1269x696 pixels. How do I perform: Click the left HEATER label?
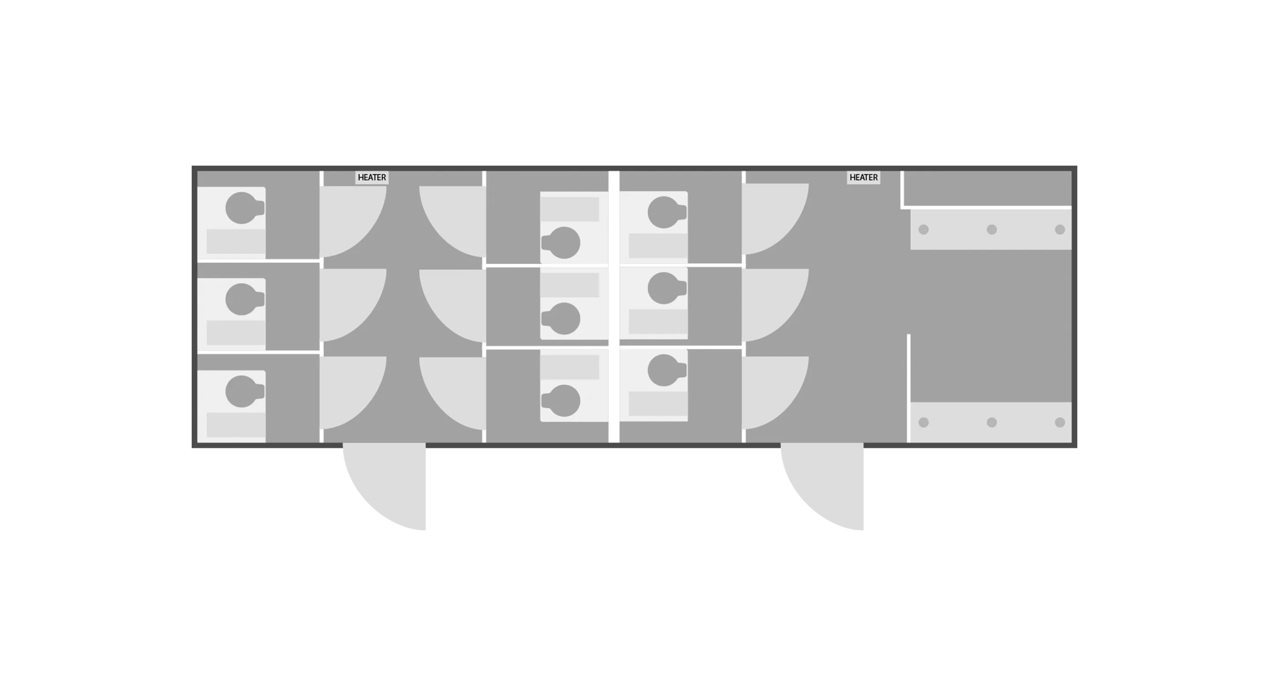[371, 178]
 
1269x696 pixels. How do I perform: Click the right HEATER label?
[863, 178]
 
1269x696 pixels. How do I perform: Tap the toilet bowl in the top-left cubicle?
[241, 208]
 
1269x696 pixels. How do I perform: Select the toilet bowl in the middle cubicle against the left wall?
[241, 299]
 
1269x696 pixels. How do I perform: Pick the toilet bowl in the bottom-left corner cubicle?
[241, 391]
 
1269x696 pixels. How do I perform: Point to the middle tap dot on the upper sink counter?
[992, 230]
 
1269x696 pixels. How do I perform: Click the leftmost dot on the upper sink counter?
[924, 230]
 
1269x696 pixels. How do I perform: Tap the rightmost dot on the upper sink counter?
[1060, 230]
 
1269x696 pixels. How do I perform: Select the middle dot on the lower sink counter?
[992, 422]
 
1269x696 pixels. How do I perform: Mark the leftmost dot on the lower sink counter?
[924, 422]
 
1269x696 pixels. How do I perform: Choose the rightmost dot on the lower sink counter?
[1060, 422]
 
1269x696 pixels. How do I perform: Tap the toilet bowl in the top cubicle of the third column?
[664, 212]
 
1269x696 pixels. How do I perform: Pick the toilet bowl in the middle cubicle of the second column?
[564, 318]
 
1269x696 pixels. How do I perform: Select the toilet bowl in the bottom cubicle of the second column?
[564, 400]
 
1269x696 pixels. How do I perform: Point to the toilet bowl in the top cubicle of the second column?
[564, 243]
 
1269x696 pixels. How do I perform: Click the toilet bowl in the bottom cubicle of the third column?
[664, 370]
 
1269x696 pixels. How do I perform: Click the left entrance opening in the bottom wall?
[384, 447]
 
